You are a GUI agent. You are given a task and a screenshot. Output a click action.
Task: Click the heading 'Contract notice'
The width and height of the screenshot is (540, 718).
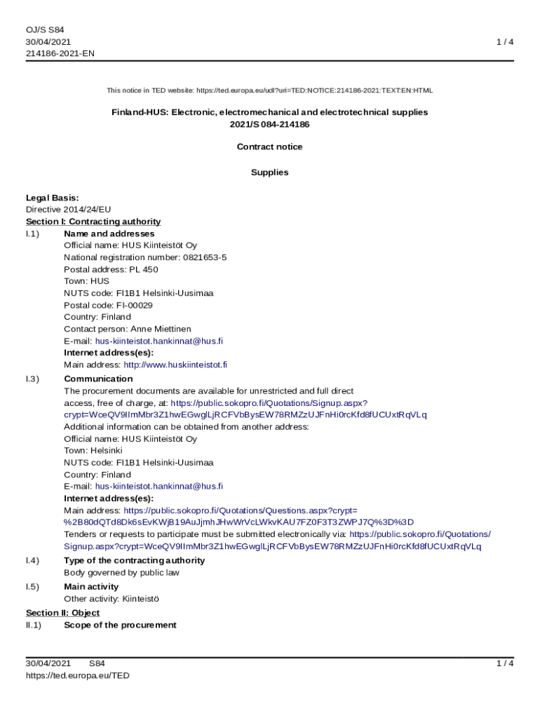[269, 147]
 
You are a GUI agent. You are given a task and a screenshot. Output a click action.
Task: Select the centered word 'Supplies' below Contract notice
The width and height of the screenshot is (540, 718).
[269, 172]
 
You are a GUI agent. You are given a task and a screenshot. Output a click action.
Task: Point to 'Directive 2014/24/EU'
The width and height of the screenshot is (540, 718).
[68, 209]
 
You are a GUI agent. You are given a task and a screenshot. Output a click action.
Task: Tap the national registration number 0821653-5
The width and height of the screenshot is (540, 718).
[203, 257]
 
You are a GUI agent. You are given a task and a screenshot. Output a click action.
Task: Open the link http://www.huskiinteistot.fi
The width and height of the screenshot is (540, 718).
[175, 365]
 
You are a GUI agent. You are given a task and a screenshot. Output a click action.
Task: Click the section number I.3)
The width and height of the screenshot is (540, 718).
[32, 379]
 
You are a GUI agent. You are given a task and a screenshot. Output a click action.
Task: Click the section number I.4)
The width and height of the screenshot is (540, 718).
[32, 560]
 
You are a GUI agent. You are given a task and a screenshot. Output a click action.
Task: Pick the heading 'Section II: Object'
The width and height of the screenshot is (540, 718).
[62, 613]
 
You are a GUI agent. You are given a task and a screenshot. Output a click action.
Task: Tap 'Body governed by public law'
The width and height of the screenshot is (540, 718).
[121, 572]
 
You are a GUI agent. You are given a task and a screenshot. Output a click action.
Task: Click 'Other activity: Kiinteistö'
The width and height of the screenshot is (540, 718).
[112, 599]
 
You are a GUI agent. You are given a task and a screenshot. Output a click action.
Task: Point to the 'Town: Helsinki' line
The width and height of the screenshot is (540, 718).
[93, 450]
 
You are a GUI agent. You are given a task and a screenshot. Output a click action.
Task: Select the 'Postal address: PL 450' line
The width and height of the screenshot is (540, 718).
[111, 269]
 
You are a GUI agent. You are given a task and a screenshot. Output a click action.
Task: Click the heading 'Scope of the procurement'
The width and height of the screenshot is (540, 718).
[120, 625]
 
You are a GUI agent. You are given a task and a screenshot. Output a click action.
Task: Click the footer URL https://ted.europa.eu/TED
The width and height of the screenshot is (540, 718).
[78, 675]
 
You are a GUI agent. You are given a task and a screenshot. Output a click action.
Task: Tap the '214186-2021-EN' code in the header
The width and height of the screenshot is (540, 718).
[60, 53]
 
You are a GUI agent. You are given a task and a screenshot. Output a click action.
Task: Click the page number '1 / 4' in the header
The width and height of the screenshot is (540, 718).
[505, 42]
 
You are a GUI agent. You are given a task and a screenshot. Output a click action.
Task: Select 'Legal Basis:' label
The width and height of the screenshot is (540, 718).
[52, 198]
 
